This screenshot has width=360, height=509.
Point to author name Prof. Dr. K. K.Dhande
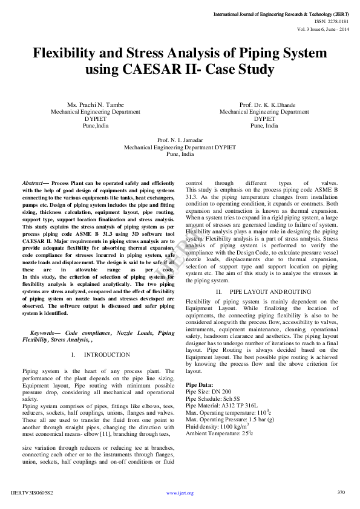[264, 105]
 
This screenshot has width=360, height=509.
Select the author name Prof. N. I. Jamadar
[180, 140]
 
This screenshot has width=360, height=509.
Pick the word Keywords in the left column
[45, 332]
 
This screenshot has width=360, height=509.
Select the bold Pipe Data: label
[199, 384]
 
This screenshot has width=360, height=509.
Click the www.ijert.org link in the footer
[180, 493]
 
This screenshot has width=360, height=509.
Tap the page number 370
[341, 492]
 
